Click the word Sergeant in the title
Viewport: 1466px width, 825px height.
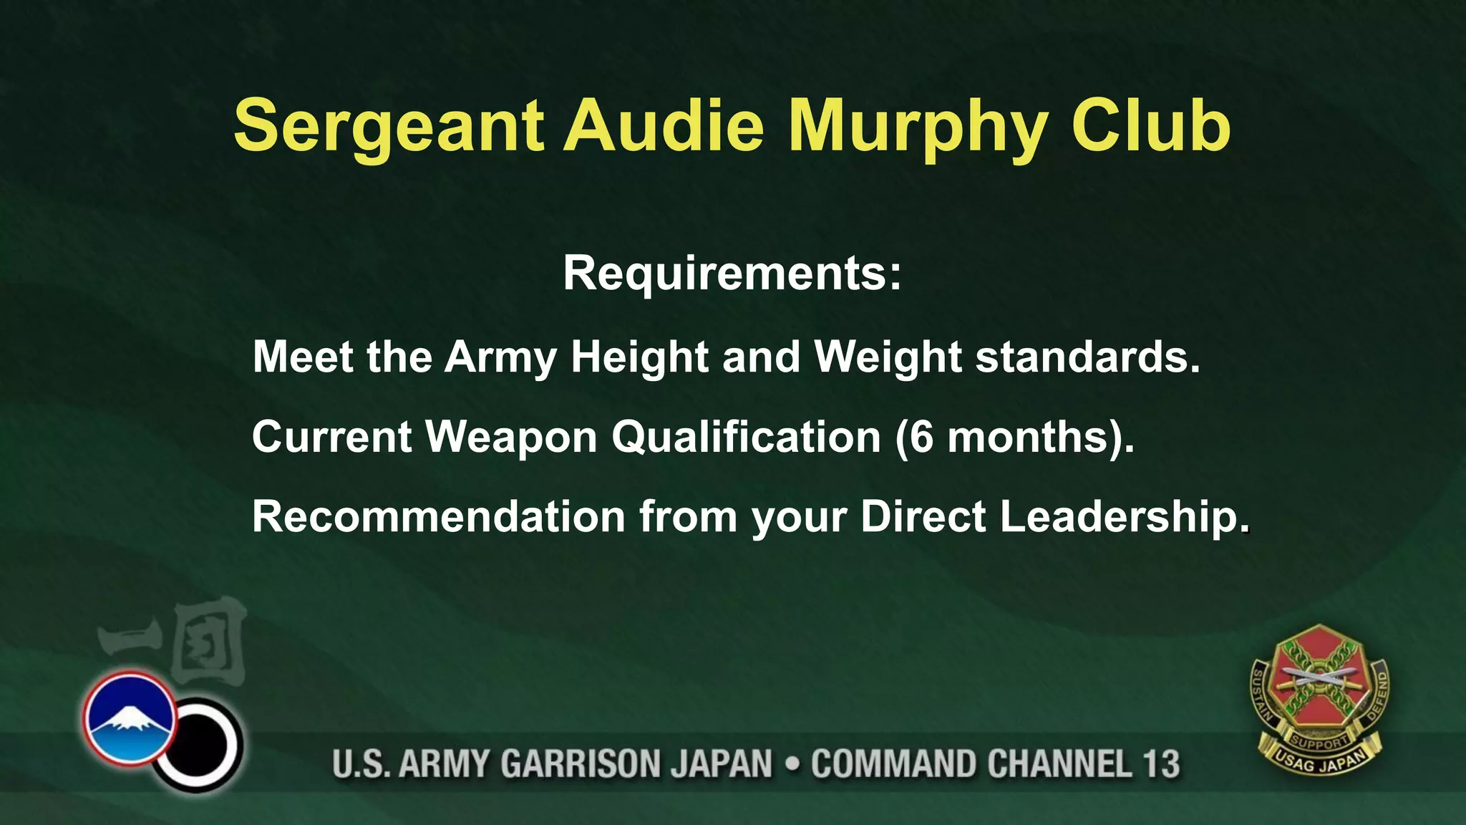point(389,127)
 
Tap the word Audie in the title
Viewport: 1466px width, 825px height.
point(664,126)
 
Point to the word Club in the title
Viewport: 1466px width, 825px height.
point(1150,126)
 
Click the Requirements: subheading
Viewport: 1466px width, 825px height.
point(732,273)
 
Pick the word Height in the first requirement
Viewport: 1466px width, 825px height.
point(639,357)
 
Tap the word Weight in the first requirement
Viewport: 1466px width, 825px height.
point(888,357)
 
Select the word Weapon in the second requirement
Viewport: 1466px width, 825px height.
point(511,438)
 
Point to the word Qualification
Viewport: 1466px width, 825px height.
point(746,438)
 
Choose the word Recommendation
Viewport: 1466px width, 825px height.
point(439,516)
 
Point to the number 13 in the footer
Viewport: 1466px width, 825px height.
point(1160,764)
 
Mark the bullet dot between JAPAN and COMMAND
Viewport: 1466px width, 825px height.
point(792,764)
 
